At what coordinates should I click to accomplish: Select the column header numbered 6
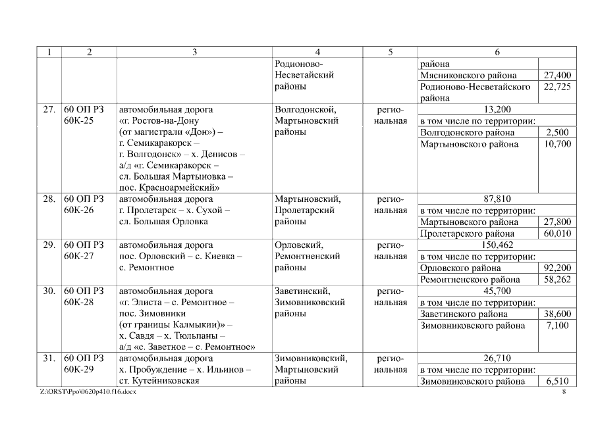(497, 52)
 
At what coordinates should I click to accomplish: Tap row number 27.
(48, 109)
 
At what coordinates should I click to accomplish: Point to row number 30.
(48, 291)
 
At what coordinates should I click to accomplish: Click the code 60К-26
(79, 210)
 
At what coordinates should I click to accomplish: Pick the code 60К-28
(79, 303)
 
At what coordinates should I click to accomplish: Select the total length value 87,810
(497, 199)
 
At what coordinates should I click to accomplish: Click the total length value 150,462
(497, 245)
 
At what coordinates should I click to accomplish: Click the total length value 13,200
(497, 109)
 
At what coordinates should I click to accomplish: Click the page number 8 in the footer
(564, 393)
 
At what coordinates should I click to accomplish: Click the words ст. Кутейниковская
(159, 382)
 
